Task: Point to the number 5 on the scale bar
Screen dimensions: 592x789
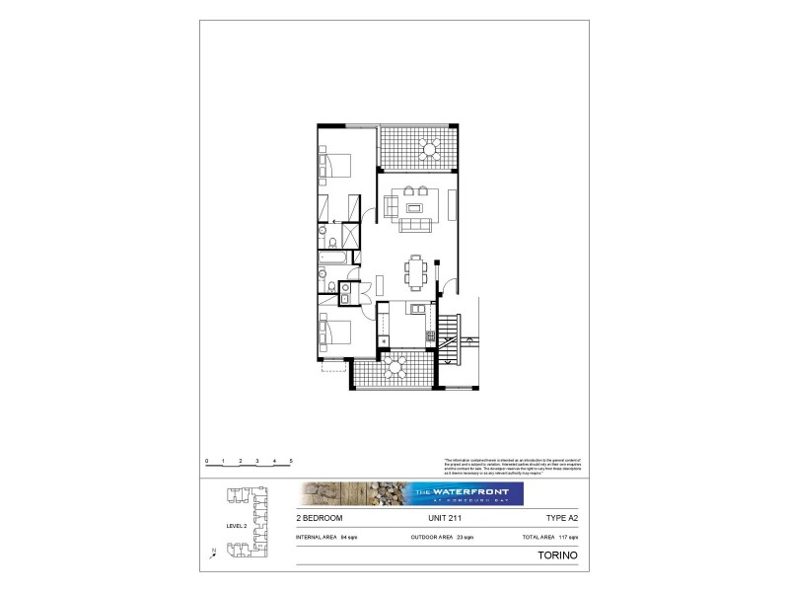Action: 291,461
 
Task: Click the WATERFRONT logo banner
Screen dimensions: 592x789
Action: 411,493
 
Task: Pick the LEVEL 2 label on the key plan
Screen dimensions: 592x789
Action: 236,526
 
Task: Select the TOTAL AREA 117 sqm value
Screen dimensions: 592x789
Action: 550,537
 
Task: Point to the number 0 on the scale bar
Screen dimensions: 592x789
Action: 207,461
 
